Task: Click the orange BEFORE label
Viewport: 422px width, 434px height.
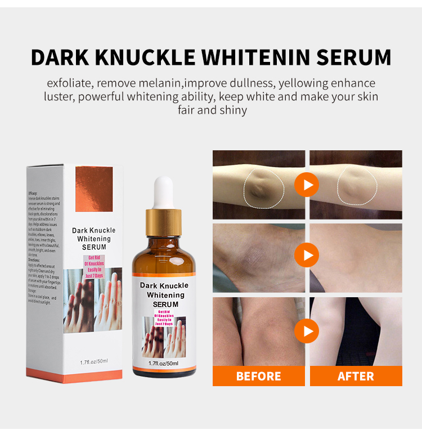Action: [x=259, y=376]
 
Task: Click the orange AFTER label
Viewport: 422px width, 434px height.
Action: [x=356, y=376]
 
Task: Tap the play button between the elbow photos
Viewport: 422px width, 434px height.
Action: [x=307, y=185]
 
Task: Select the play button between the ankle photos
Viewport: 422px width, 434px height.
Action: [x=307, y=255]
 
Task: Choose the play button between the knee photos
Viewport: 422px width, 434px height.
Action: [x=307, y=331]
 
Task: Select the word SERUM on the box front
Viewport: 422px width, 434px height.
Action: [x=94, y=247]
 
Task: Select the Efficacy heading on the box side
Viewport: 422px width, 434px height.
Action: [x=36, y=193]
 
